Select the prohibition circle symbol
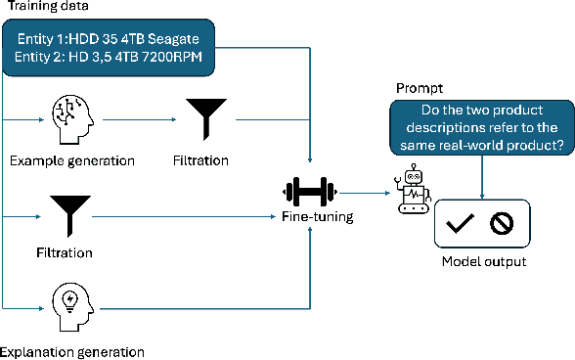coord(502,224)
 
